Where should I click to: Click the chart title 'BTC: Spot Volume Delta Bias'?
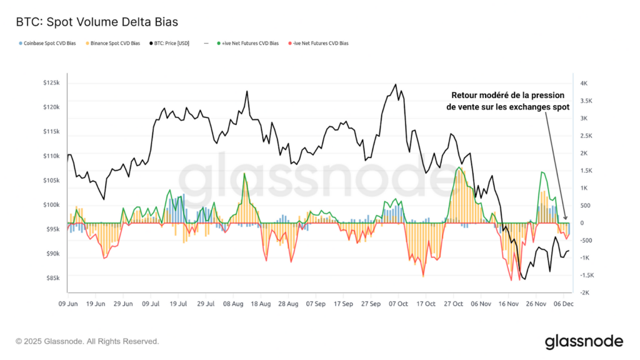pyautogui.click(x=97, y=22)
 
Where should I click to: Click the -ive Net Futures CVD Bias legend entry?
pyautogui.click(x=318, y=43)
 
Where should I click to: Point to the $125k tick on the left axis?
pyautogui.click(x=51, y=83)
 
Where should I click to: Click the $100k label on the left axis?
pyautogui.click(x=51, y=205)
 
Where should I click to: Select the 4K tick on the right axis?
pyautogui.click(x=583, y=83)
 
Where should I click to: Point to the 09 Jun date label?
pyautogui.click(x=68, y=304)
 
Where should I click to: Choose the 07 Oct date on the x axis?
pyautogui.click(x=398, y=304)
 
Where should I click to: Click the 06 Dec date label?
pyautogui.click(x=564, y=304)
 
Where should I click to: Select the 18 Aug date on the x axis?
pyautogui.click(x=261, y=304)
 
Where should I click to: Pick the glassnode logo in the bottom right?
pyautogui.click(x=584, y=341)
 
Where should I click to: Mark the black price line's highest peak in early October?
pyautogui.click(x=396, y=84)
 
